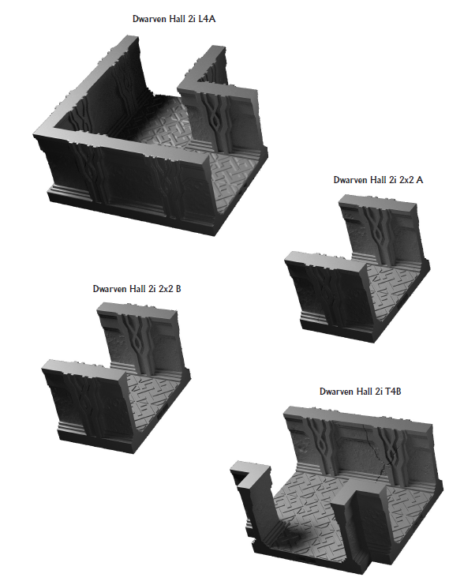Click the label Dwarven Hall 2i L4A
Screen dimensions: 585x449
point(176,17)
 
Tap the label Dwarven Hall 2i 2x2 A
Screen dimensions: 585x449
point(378,180)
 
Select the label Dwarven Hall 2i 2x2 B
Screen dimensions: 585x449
point(137,289)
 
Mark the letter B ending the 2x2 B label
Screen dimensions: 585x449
point(178,289)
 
